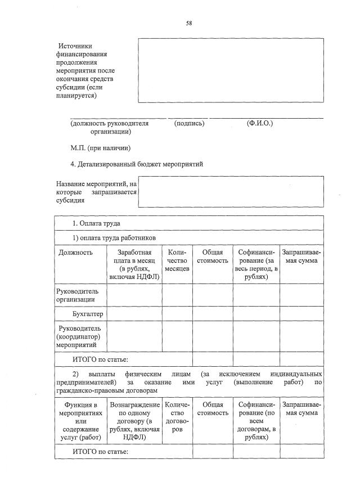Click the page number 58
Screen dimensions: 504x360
click(x=189, y=23)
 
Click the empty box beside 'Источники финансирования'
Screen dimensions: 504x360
click(x=231, y=70)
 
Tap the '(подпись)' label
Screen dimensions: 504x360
click(x=190, y=123)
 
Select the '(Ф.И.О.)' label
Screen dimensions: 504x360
click(x=259, y=123)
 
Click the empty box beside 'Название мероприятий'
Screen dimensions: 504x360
click(x=231, y=192)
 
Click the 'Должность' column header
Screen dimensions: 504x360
click(x=75, y=253)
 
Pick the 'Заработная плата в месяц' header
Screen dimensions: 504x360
click(x=134, y=264)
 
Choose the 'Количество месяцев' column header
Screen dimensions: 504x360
click(x=177, y=260)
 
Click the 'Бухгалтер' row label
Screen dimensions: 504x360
click(x=87, y=313)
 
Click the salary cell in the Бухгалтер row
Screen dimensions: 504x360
click(x=134, y=313)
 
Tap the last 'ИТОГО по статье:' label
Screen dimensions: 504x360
click(x=101, y=452)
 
